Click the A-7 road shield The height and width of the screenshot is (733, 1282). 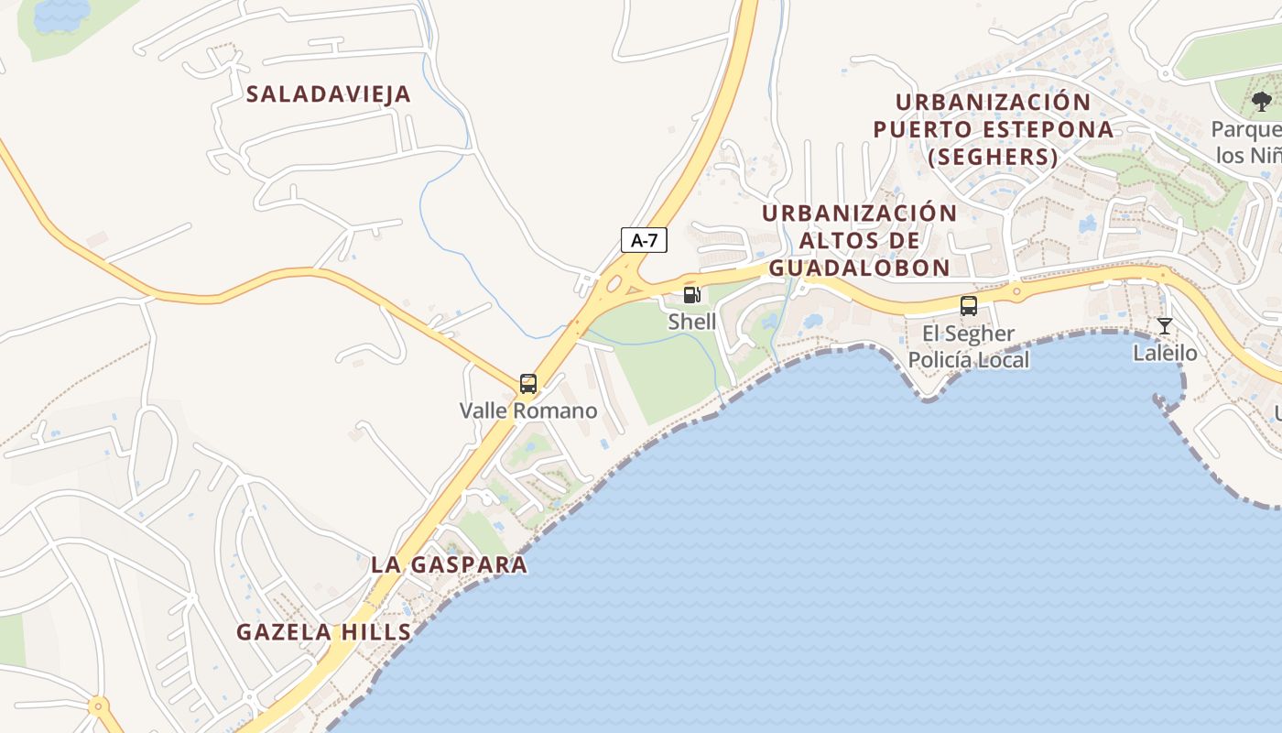pyautogui.click(x=645, y=240)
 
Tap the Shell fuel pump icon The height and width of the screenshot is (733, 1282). pyautogui.click(x=691, y=295)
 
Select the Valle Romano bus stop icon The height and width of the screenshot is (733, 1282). pyautogui.click(x=527, y=383)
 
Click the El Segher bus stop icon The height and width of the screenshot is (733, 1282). pyautogui.click(x=968, y=306)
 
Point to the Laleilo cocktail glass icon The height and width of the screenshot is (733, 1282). pyautogui.click(x=1164, y=326)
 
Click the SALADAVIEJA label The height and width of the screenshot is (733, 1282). pyautogui.click(x=329, y=93)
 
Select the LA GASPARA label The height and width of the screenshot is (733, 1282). pyautogui.click(x=449, y=564)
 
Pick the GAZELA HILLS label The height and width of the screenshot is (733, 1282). pyautogui.click(x=324, y=631)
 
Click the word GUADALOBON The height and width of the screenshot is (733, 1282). pyautogui.click(x=859, y=268)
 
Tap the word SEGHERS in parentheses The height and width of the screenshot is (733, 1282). pyautogui.click(x=994, y=158)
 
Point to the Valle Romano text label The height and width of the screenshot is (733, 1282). pyautogui.click(x=527, y=410)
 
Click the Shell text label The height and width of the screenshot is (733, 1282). pyautogui.click(x=691, y=322)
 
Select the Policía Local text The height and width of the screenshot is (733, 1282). pyautogui.click(x=968, y=360)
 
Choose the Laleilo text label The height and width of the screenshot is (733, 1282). pyautogui.click(x=1165, y=353)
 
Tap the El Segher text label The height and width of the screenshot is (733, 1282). pyautogui.click(x=968, y=334)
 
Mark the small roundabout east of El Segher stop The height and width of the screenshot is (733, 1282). pyautogui.click(x=1016, y=293)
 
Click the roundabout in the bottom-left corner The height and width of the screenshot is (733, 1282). pyautogui.click(x=98, y=706)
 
